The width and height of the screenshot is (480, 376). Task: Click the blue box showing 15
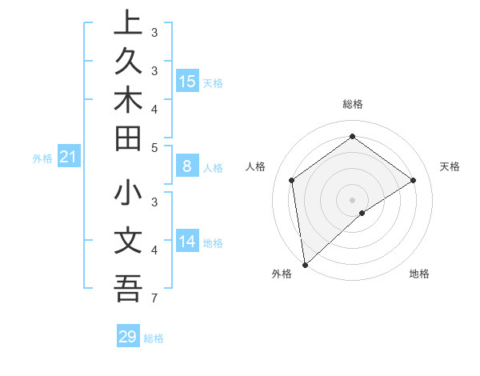[x=187, y=81]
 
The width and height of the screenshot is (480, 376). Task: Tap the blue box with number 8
[x=186, y=166]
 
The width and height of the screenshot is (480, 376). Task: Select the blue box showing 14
[x=187, y=242]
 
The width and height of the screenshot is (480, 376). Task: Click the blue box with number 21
[x=68, y=158]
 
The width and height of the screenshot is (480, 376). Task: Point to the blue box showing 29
[x=128, y=337]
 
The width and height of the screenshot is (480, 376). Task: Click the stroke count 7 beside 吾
[x=153, y=299]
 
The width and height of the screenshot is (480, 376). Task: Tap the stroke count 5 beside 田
[x=154, y=147]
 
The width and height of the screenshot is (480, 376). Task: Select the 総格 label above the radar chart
[x=352, y=104]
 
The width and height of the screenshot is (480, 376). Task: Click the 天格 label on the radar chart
[x=450, y=166]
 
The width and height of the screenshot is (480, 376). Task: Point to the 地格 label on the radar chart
[x=419, y=274]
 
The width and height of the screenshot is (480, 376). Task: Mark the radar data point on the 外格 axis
[x=304, y=264]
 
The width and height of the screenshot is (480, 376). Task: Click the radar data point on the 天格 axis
[x=413, y=180]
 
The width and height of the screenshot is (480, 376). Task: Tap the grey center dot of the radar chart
[x=352, y=199]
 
